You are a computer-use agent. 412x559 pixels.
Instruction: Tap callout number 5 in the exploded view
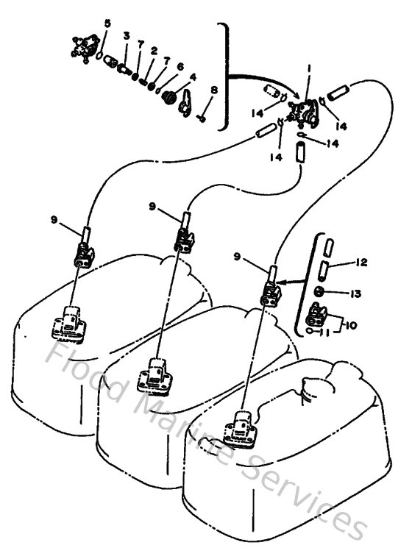click(107, 24)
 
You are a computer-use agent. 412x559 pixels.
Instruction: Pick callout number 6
click(180, 65)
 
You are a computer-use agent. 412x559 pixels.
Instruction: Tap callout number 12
click(360, 263)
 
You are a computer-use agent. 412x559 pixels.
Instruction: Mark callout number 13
click(356, 293)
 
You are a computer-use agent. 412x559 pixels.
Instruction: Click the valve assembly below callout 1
click(302, 110)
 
